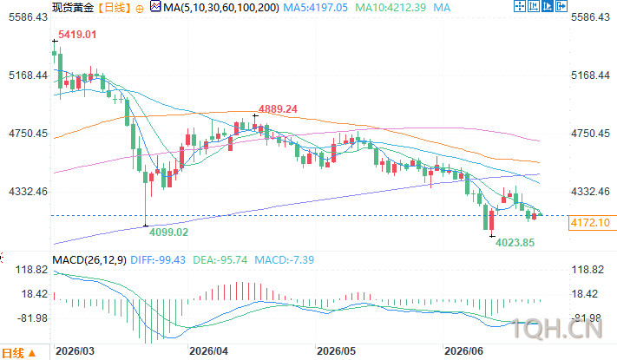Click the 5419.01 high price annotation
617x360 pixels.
tap(77, 35)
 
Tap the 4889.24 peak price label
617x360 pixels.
tap(278, 109)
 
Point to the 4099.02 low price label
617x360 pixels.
tap(169, 232)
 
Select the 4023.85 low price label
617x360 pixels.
tap(515, 243)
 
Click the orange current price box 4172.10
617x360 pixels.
tap(590, 223)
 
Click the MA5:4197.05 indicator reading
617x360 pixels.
tap(316, 8)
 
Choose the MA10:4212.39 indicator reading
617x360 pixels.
tap(391, 8)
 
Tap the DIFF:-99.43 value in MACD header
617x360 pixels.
tap(158, 260)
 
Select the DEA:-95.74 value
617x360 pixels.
tap(220, 260)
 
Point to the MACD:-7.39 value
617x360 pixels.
tap(284, 260)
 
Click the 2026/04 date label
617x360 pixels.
tap(208, 351)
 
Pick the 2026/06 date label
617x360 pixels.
tap(463, 351)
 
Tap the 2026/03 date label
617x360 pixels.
tap(75, 351)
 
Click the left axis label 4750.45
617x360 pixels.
tap(28, 134)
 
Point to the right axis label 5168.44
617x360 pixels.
tap(590, 75)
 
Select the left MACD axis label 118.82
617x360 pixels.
tap(31, 270)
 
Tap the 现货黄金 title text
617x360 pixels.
tap(73, 8)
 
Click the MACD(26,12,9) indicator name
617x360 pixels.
tap(89, 260)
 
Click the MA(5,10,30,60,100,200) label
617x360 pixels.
tap(221, 8)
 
